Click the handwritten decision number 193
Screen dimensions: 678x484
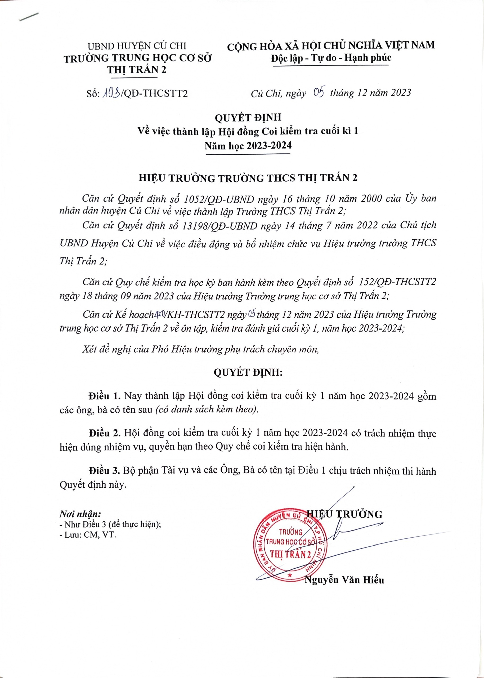coord(111,93)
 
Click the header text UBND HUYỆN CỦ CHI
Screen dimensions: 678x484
coord(137,46)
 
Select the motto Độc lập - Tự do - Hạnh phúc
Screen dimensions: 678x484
coord(331,57)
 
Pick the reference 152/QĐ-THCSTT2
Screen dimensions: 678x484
coord(398,282)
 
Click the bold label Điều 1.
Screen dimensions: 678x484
coord(104,396)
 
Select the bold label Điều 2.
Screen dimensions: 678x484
coord(104,433)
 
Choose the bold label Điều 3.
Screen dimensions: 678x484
coord(104,471)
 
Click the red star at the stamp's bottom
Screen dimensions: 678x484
coord(290,575)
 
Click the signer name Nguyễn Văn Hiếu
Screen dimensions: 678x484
coord(344,580)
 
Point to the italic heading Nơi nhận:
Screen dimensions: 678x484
coord(80,514)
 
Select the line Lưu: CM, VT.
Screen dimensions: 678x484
coord(88,535)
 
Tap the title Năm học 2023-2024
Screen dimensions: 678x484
coord(248,146)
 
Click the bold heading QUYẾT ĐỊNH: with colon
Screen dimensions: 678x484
coord(248,373)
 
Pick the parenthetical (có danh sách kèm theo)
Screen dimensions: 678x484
coord(207,409)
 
